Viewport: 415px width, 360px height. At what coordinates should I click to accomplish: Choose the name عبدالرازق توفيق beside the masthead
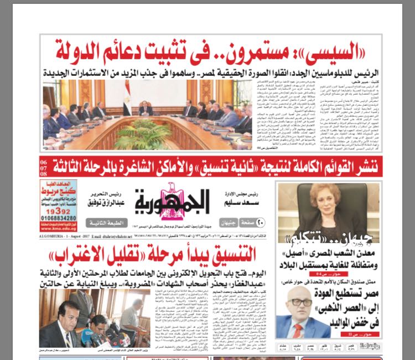point(106,203)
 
